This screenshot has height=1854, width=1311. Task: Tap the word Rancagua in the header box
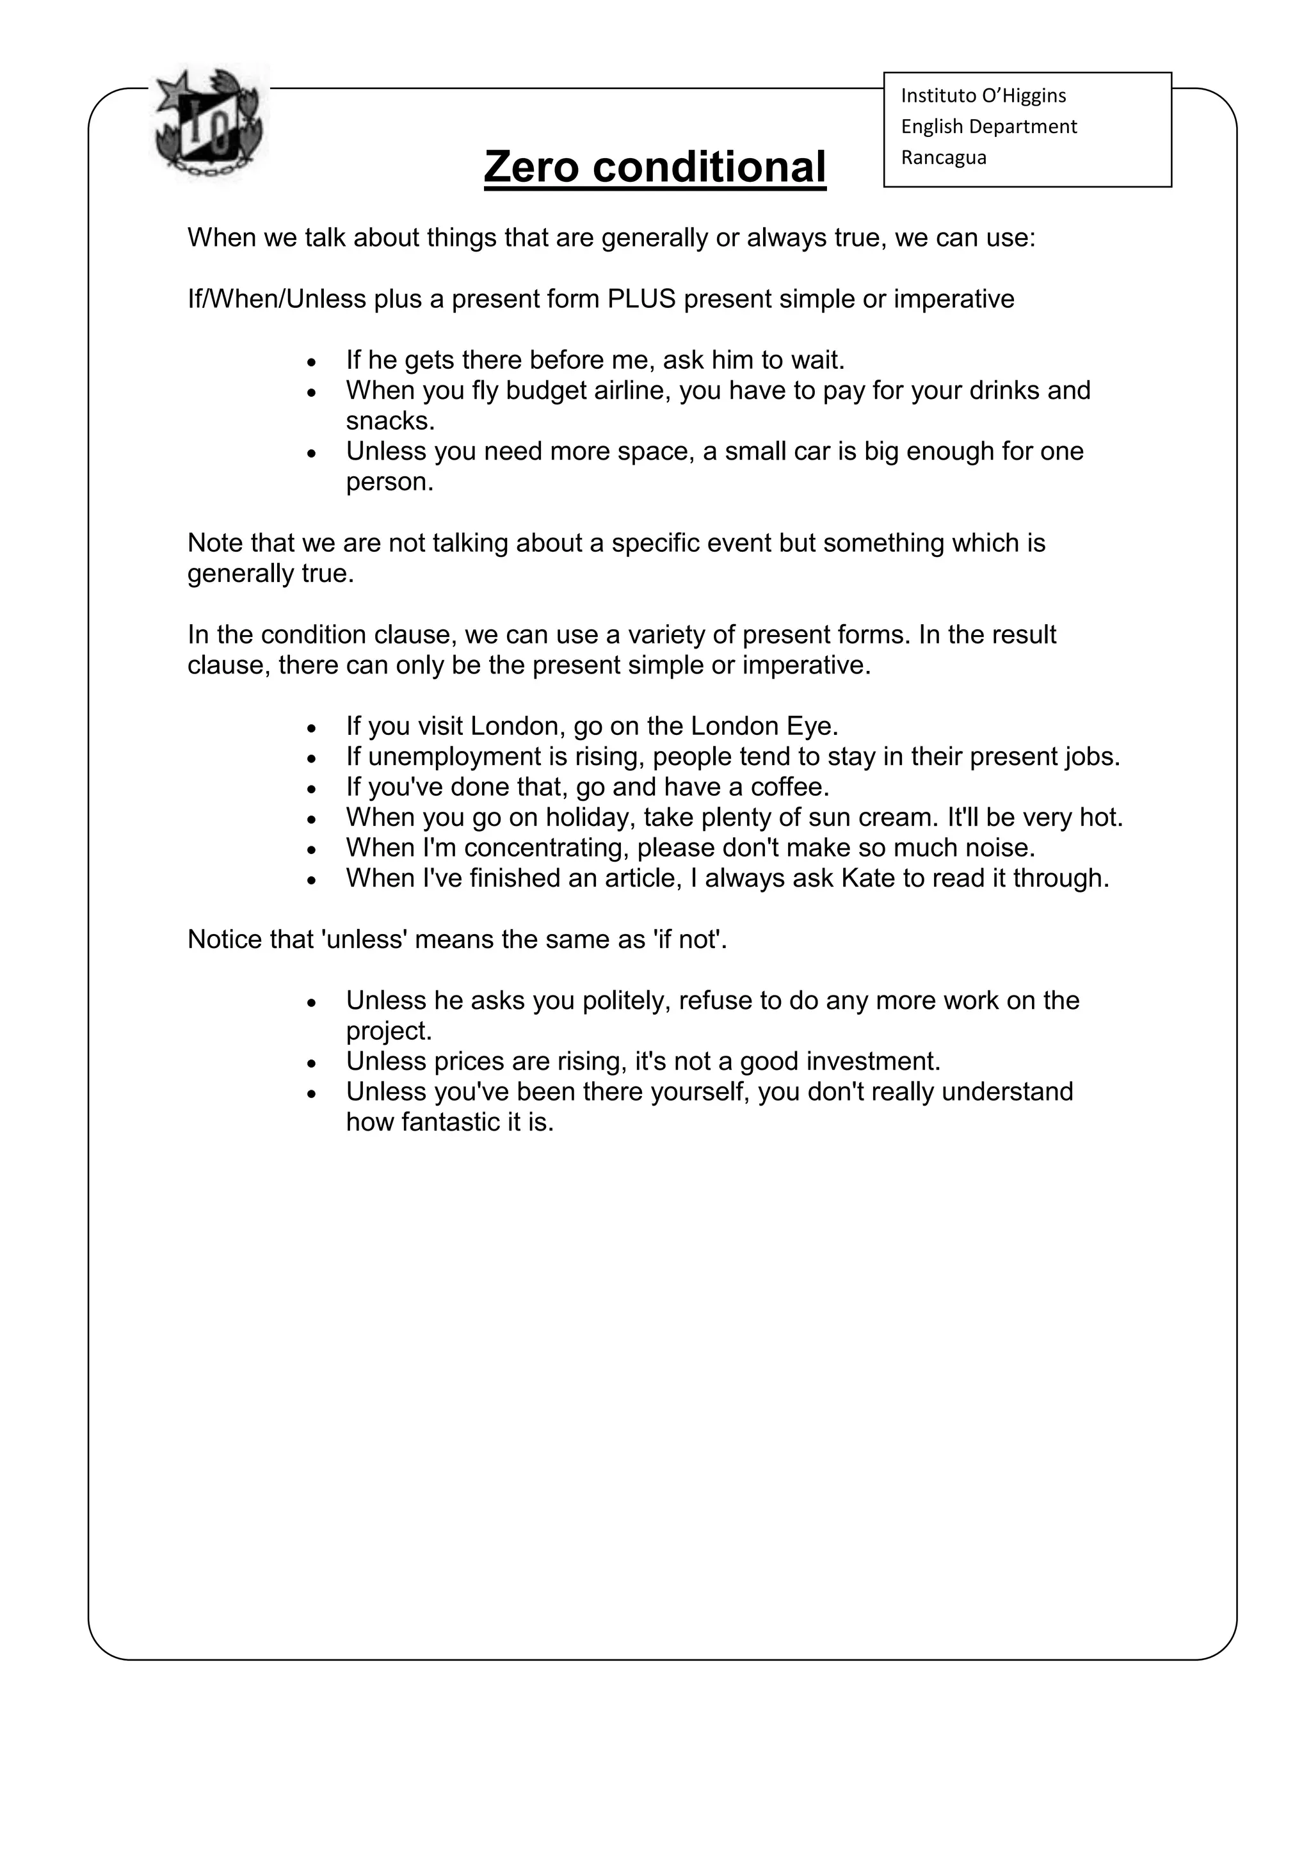click(x=943, y=157)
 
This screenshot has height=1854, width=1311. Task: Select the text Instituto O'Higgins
click(x=983, y=95)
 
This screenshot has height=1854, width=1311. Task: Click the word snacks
click(x=389, y=421)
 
